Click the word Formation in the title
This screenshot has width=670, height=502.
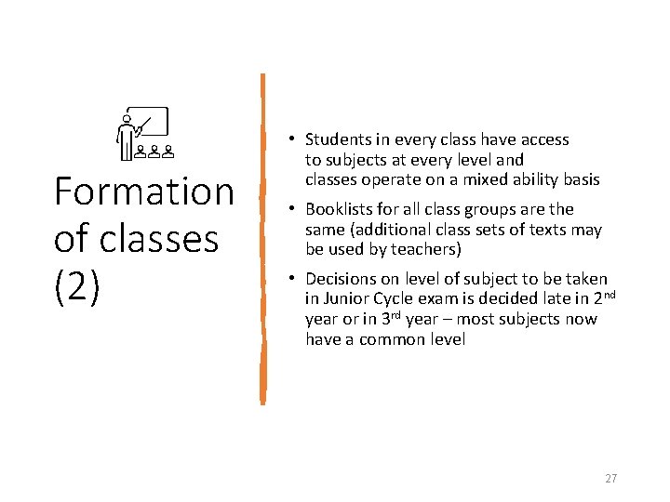(144, 192)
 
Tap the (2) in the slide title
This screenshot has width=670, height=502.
(76, 286)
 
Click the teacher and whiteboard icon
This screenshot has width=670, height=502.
(143, 133)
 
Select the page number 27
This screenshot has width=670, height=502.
(610, 478)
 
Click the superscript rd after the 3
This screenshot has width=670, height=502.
(395, 315)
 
